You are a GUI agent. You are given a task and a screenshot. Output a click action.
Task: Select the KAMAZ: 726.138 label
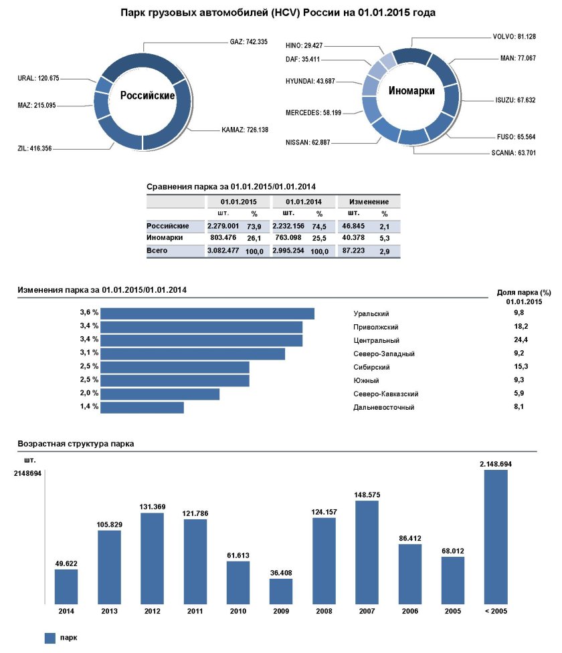245,130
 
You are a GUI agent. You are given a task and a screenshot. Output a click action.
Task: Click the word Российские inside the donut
147,96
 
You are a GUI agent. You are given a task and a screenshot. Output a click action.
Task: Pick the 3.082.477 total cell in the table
223,251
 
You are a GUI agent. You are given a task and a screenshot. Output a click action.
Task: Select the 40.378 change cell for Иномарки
353,237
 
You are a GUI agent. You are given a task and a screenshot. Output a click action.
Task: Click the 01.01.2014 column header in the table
303,201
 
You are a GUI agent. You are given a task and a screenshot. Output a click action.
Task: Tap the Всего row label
157,251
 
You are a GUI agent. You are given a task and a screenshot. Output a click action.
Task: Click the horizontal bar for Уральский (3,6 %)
208,313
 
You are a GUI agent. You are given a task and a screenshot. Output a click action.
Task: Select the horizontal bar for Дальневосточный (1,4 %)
143,407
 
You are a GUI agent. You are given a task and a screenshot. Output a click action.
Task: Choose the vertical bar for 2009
281,591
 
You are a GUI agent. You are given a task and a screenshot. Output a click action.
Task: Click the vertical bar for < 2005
496,537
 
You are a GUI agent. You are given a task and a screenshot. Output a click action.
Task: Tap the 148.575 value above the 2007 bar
367,495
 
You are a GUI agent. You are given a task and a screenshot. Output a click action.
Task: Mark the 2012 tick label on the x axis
152,611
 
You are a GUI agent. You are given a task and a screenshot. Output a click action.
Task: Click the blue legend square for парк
50,638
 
